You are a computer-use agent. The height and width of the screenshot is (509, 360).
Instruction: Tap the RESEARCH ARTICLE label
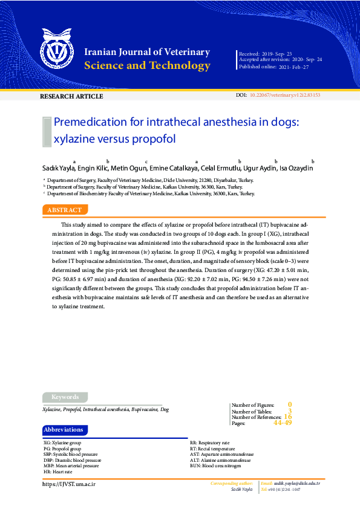coord(71,97)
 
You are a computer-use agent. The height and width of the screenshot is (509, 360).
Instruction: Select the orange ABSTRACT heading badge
coord(65,210)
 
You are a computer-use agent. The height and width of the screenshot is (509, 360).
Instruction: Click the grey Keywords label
coord(65,397)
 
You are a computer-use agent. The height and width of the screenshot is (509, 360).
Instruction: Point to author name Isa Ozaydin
coord(296,167)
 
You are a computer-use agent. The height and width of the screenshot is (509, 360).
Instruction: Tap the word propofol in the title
coord(155,138)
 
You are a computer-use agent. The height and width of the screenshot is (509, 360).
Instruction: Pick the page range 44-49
coord(283,423)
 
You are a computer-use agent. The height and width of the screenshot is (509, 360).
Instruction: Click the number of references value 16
coord(288,417)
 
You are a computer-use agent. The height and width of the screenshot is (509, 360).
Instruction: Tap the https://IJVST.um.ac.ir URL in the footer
coord(69,484)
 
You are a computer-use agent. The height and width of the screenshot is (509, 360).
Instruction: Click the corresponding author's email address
coord(296,484)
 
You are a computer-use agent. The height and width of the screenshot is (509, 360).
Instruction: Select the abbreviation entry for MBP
coord(71,466)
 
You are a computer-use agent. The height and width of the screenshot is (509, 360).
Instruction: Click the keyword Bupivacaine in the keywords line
coord(145,409)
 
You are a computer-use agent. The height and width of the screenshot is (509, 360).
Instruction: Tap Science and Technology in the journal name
coord(148,66)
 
